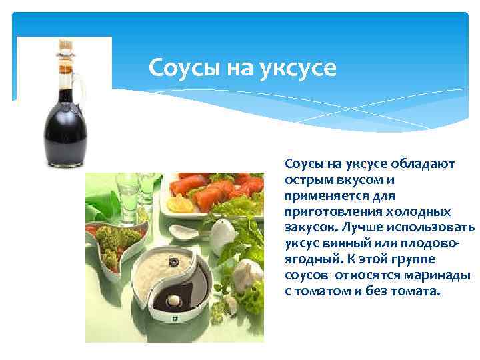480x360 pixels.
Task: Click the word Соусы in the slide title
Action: click(x=178, y=67)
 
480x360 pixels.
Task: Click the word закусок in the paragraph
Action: click(x=307, y=228)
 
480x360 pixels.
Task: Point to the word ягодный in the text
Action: click(x=307, y=261)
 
